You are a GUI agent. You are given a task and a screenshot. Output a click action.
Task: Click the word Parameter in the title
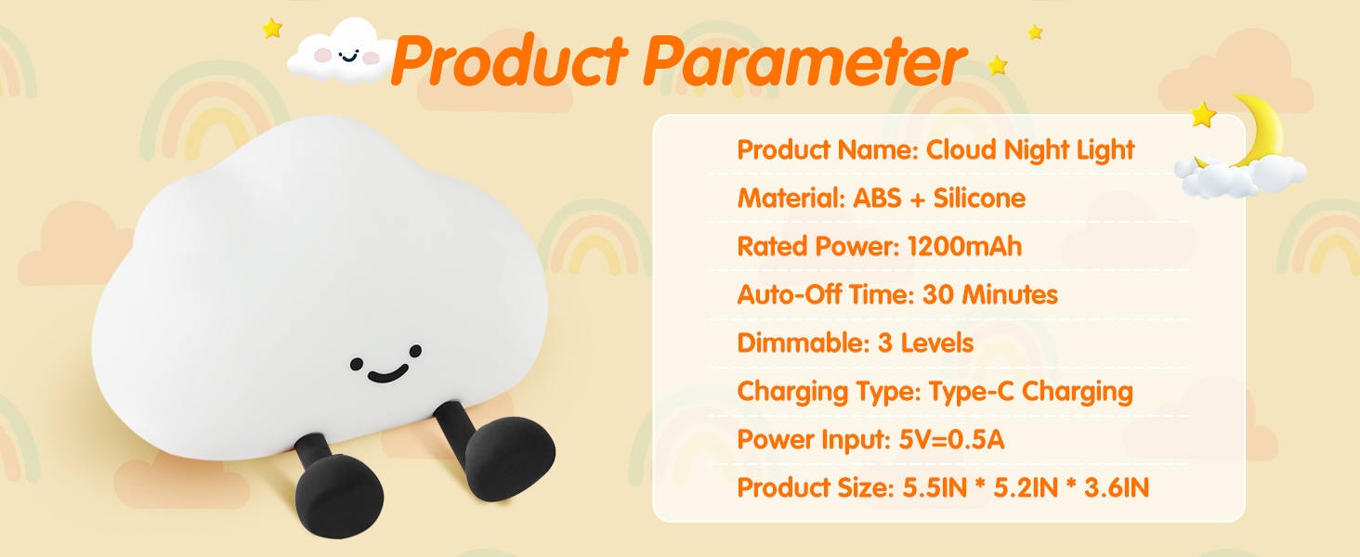pos(804,60)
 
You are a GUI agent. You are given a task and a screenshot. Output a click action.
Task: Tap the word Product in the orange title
pos(510,60)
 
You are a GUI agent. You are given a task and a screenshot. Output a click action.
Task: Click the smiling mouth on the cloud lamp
pos(387,374)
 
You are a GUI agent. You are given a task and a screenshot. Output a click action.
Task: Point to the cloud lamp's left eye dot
pos(357,364)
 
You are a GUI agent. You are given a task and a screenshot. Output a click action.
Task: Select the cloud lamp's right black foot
pos(509,458)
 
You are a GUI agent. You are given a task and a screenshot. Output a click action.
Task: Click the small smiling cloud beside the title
pos(343,52)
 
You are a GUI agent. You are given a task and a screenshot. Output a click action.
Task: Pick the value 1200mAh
pos(965,246)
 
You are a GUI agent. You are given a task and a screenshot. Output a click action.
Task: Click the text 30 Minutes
pos(990,295)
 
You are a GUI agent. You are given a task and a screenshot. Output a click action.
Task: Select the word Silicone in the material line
pos(979,199)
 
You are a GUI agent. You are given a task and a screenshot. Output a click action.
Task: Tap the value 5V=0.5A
pos(951,439)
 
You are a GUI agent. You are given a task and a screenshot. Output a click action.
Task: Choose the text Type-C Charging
pos(1031,392)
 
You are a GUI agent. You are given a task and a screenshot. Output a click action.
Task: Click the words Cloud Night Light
pos(1030,150)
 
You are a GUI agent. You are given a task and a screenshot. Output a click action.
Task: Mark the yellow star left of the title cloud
pos(272,28)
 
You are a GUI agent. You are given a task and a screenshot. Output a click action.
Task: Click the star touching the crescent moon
pos(1203,115)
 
